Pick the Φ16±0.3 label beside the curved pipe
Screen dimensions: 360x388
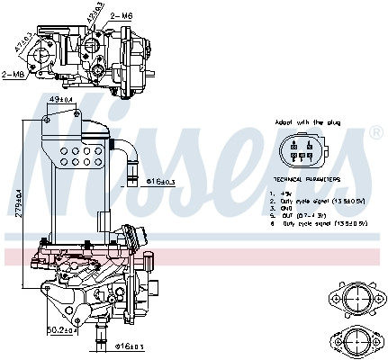(x=161, y=181)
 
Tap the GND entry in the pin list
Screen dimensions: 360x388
(x=285, y=208)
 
